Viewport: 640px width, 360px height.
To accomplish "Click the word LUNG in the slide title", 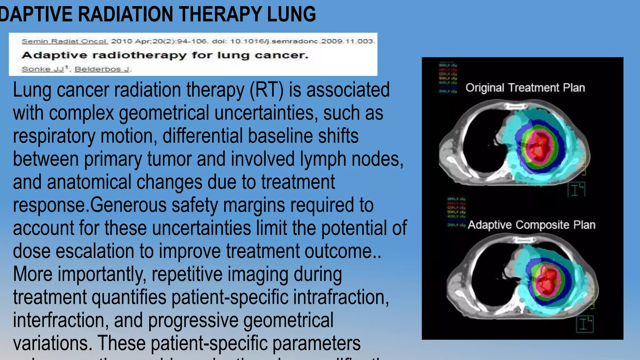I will pos(291,14).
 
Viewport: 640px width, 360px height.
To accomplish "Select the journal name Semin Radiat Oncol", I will pos(65,41).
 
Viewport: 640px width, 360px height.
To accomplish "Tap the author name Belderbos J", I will pos(102,69).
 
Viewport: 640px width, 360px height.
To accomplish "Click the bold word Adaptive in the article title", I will pos(54,55).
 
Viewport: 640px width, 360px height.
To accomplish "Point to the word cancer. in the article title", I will pos(281,55).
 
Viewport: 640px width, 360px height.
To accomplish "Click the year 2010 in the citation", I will pos(120,41).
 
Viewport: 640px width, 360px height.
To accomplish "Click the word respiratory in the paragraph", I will pos(54,136).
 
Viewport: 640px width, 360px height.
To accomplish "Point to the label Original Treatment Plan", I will pos(525,88).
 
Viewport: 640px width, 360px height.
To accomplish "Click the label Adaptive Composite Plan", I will pos(531,225).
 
